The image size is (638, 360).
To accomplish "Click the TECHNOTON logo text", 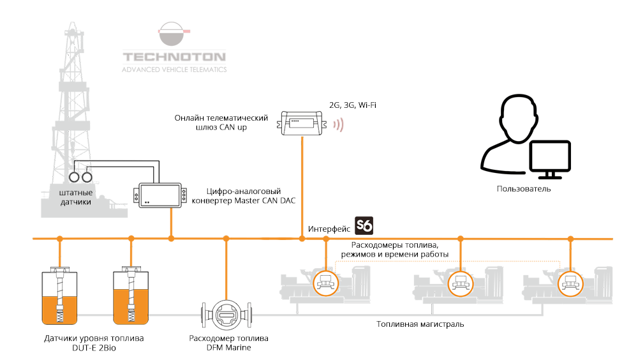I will [174, 56].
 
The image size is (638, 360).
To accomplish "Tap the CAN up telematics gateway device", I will [302, 122].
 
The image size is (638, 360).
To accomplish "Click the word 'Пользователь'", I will [523, 189].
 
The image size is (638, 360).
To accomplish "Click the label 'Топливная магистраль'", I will [420, 324].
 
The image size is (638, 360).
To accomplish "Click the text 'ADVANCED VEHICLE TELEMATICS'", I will [174, 69].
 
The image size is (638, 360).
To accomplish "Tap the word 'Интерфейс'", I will [329, 229].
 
